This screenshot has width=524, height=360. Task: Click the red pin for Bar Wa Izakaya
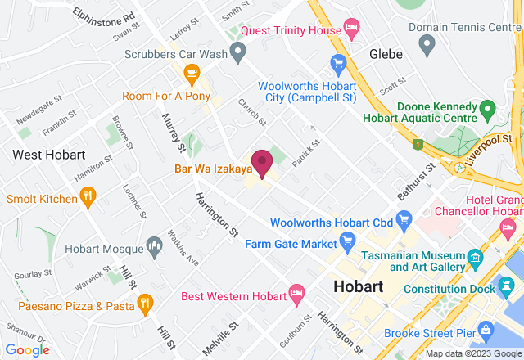point(262,163)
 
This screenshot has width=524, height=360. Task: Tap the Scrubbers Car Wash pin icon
point(238,54)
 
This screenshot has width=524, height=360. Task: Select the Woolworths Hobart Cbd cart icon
point(403,218)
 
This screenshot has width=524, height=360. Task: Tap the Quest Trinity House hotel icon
point(351,30)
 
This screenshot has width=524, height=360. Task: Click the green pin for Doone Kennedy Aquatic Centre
point(486,108)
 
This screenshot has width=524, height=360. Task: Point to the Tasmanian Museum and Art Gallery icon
point(476,238)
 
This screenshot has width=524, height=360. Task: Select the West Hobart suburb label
point(49,155)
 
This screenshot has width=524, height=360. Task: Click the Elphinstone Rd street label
point(104,16)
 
